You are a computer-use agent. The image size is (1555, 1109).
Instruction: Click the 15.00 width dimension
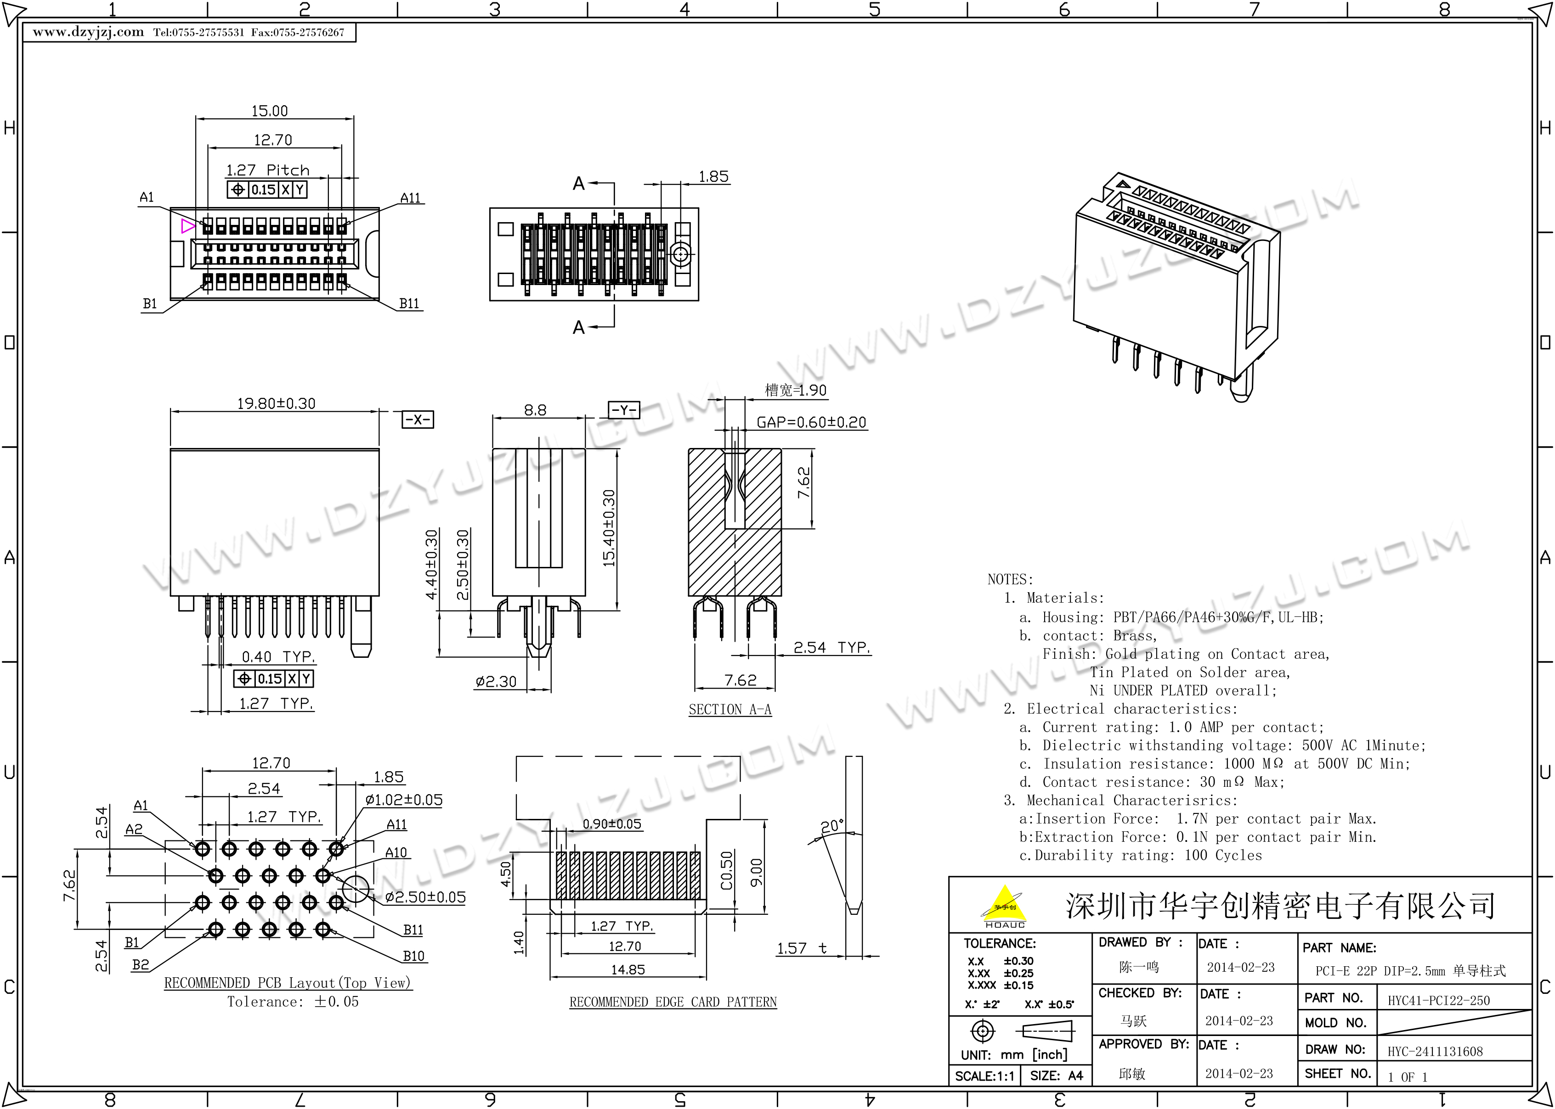point(269,111)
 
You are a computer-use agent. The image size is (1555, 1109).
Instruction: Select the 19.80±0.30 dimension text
point(276,403)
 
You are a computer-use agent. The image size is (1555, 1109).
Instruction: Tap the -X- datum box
point(418,419)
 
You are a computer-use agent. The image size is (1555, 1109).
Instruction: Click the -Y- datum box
point(624,410)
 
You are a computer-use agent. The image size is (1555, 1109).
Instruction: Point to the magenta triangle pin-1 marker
point(188,226)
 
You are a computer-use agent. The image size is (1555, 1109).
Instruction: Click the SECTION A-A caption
point(729,710)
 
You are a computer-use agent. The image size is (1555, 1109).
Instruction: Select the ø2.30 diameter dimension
point(496,682)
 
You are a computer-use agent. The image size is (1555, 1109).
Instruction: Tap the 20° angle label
point(832,826)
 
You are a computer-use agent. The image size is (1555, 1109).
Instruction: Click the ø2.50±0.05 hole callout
point(425,897)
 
